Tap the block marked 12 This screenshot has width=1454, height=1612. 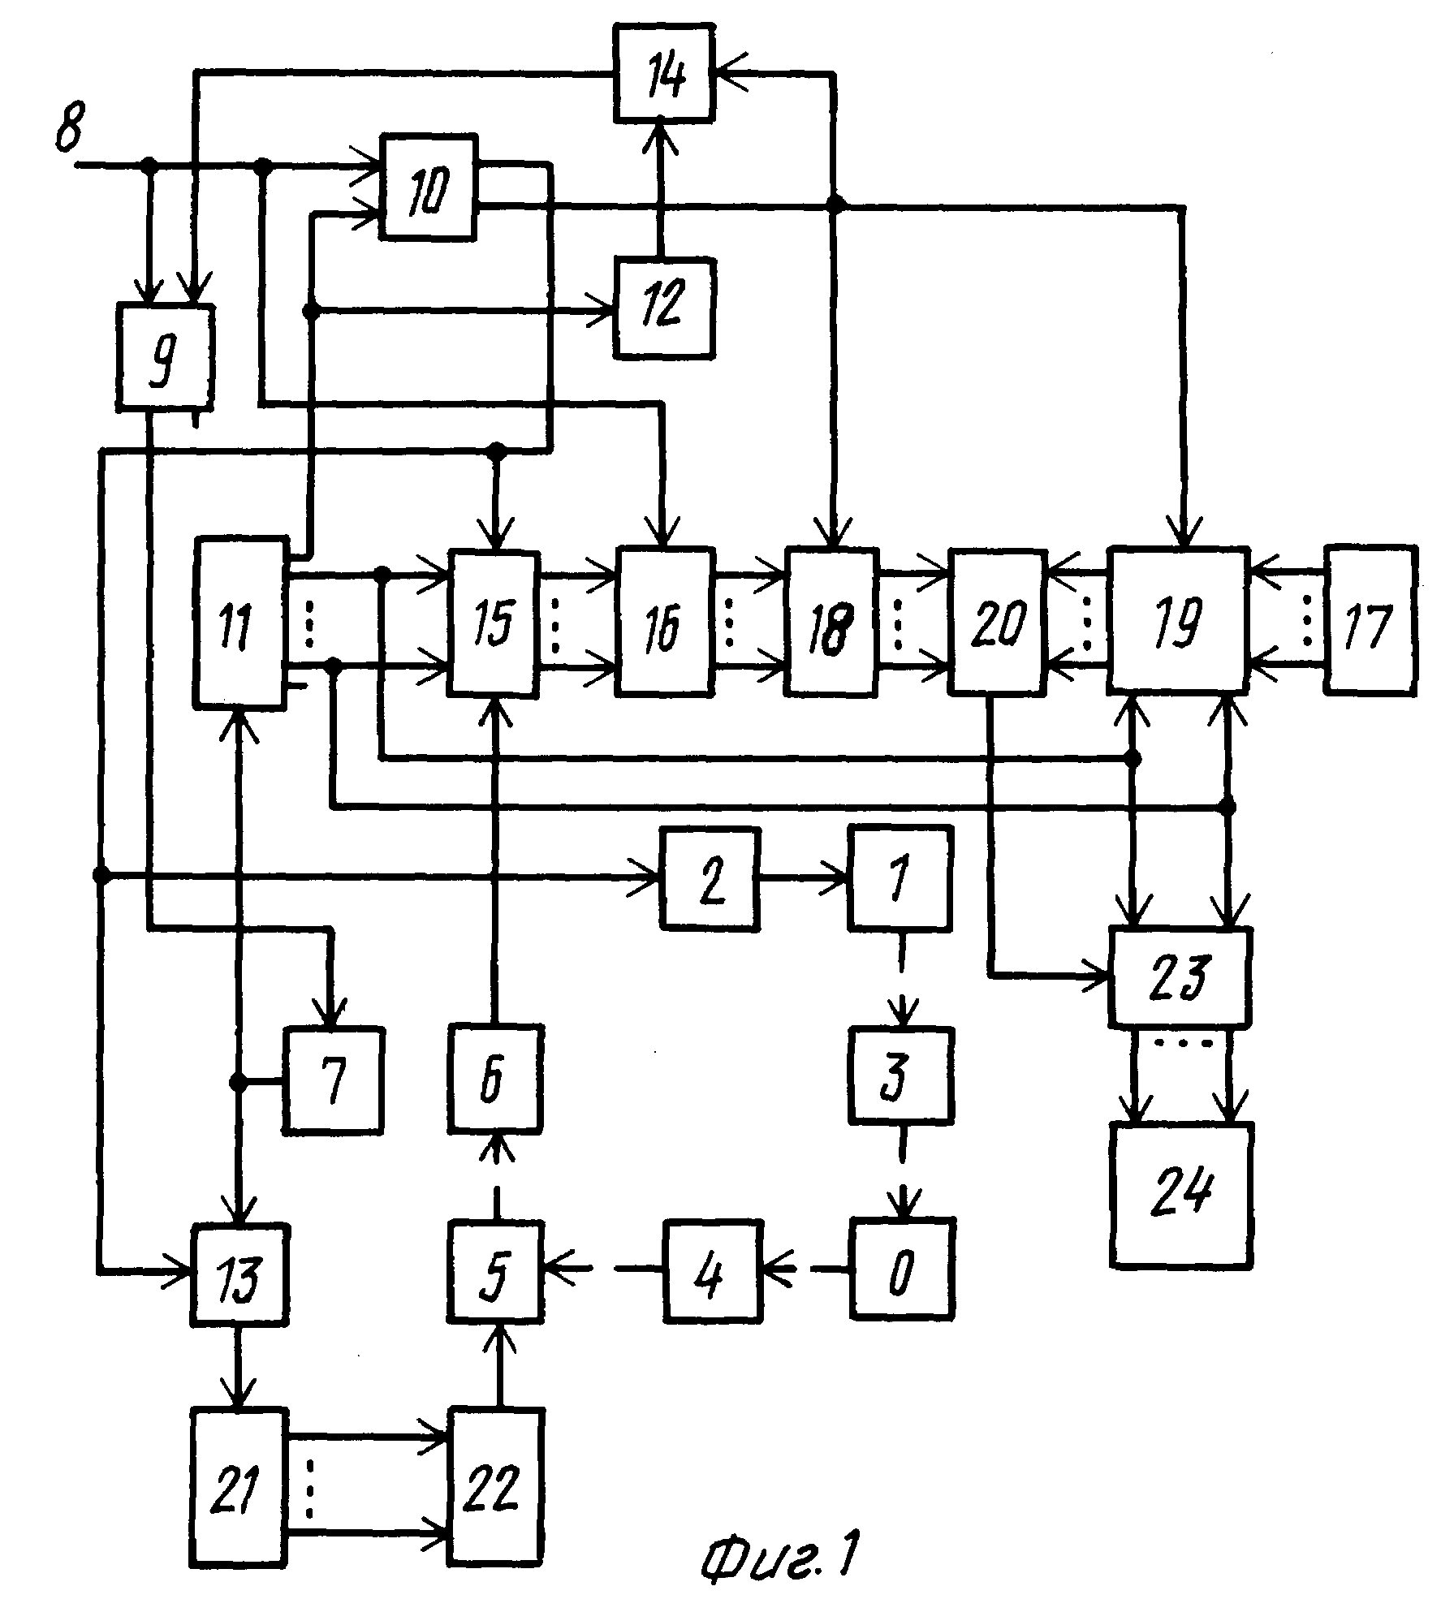point(665,308)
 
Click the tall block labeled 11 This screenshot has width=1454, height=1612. point(239,623)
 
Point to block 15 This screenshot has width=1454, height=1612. point(495,624)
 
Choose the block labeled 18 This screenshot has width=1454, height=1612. point(831,623)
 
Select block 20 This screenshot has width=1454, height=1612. point(998,623)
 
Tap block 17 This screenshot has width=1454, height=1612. point(1371,620)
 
